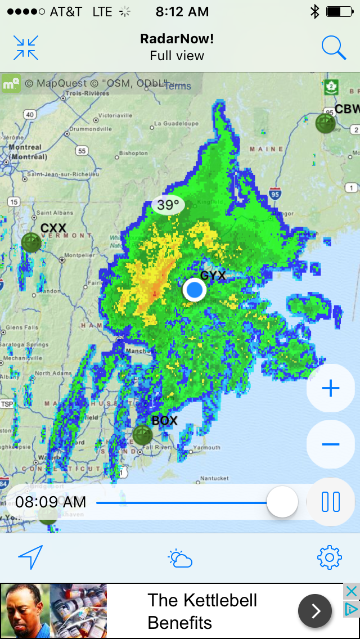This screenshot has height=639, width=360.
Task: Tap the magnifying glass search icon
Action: click(x=334, y=48)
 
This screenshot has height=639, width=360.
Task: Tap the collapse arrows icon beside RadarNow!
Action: click(x=26, y=48)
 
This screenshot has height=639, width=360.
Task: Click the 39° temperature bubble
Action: click(x=168, y=205)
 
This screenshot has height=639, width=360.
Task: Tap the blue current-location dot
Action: click(x=195, y=290)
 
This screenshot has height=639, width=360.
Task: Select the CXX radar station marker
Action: click(x=31, y=242)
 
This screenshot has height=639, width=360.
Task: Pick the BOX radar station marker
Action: click(x=142, y=435)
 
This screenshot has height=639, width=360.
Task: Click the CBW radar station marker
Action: click(x=325, y=123)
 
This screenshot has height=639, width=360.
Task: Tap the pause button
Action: click(x=330, y=501)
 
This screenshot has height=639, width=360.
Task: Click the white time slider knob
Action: click(x=282, y=502)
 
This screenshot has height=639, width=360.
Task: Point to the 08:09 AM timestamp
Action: click(x=51, y=502)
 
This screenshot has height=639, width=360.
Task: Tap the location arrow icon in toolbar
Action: click(x=30, y=557)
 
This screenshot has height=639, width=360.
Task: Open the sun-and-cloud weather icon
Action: click(x=180, y=559)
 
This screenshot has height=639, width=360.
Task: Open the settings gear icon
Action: click(x=330, y=557)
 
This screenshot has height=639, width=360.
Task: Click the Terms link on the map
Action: click(x=177, y=86)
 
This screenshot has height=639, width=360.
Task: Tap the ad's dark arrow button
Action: click(x=314, y=611)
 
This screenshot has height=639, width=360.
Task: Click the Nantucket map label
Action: click(x=215, y=478)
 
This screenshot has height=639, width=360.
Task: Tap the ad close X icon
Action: click(x=351, y=592)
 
